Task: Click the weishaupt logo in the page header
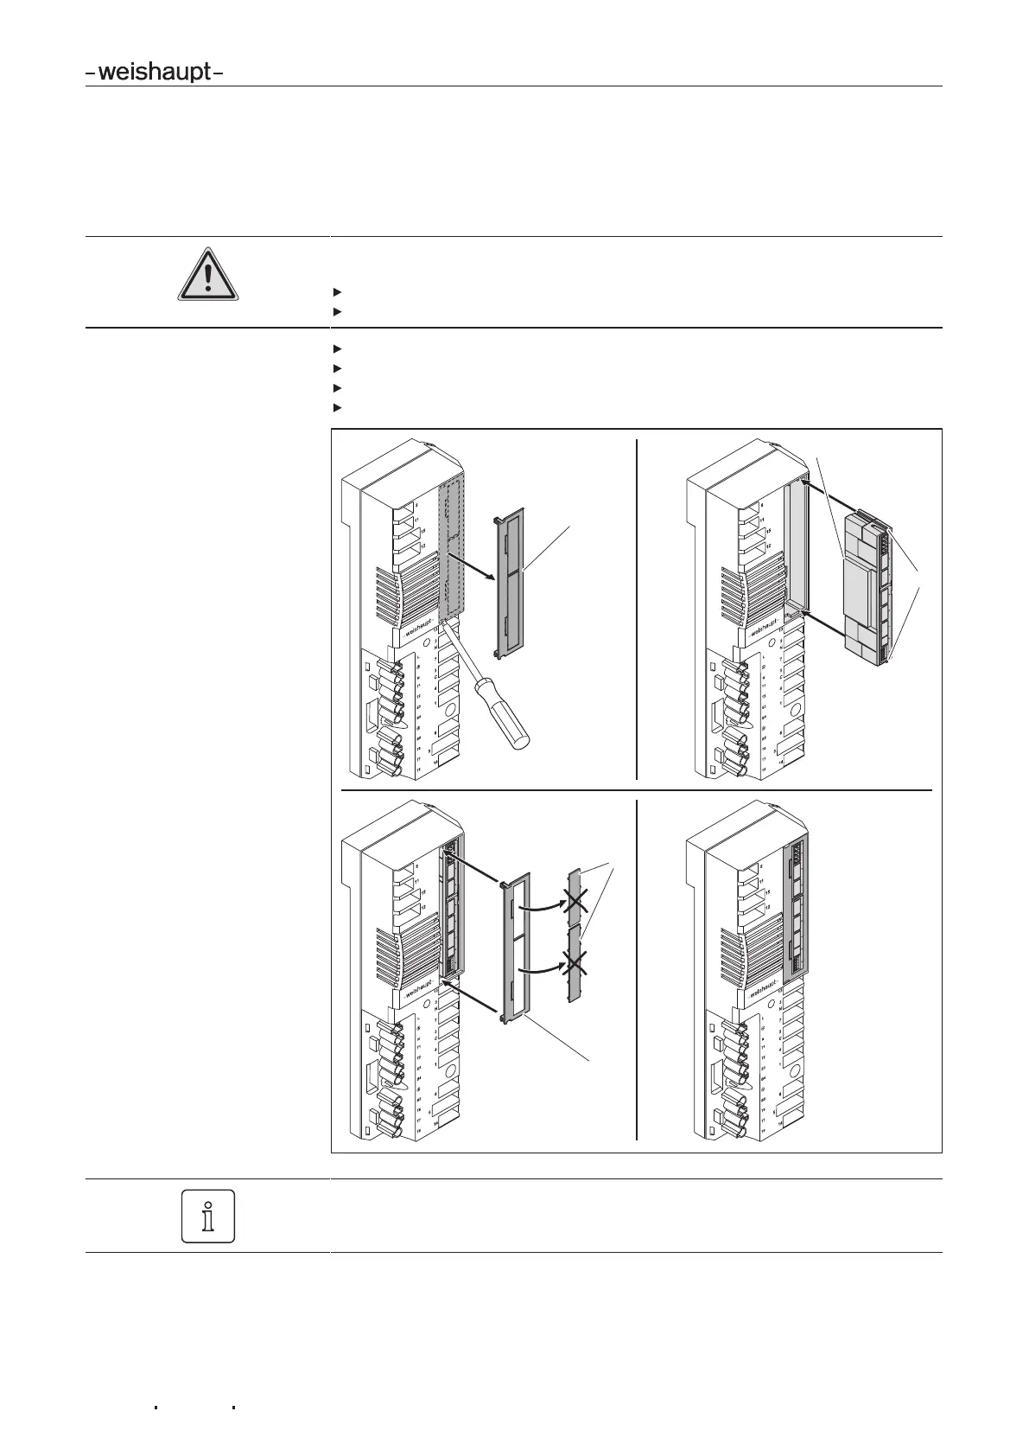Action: click(155, 73)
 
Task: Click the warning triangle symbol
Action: click(207, 274)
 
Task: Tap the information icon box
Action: click(208, 1216)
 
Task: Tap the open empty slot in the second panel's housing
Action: click(797, 545)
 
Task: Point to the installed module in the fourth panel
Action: click(795, 908)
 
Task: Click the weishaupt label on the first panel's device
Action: click(420, 628)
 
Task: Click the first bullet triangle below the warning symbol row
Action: click(336, 291)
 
